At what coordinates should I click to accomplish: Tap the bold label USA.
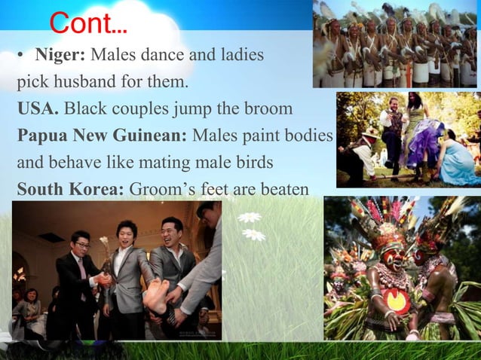coord(38,109)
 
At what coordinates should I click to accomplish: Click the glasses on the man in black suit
coord(81,246)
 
